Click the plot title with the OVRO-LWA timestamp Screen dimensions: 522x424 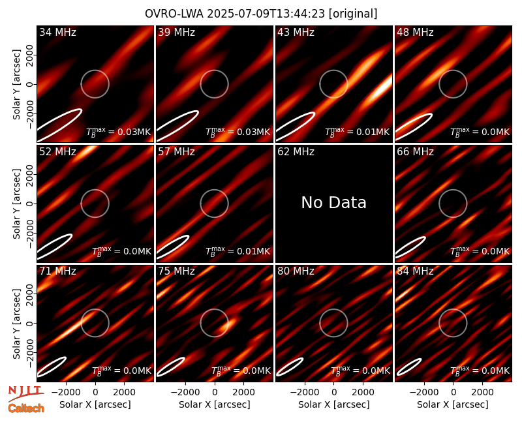(x=261, y=14)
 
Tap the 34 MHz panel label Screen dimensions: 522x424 (x=57, y=32)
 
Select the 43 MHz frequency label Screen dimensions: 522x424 (x=296, y=32)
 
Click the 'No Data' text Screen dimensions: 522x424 (x=334, y=202)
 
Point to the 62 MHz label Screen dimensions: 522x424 (x=296, y=152)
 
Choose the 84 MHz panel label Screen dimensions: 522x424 (x=415, y=271)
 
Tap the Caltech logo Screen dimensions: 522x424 (x=26, y=408)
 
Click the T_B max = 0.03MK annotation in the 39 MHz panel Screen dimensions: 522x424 (x=238, y=132)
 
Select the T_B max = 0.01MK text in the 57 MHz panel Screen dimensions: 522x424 (x=238, y=251)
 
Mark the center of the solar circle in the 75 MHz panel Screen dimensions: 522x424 (x=215, y=323)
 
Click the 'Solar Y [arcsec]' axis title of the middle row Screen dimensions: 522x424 (x=17, y=204)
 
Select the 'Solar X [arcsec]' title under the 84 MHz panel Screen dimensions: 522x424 (x=453, y=404)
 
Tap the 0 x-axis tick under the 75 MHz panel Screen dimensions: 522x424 (x=215, y=393)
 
